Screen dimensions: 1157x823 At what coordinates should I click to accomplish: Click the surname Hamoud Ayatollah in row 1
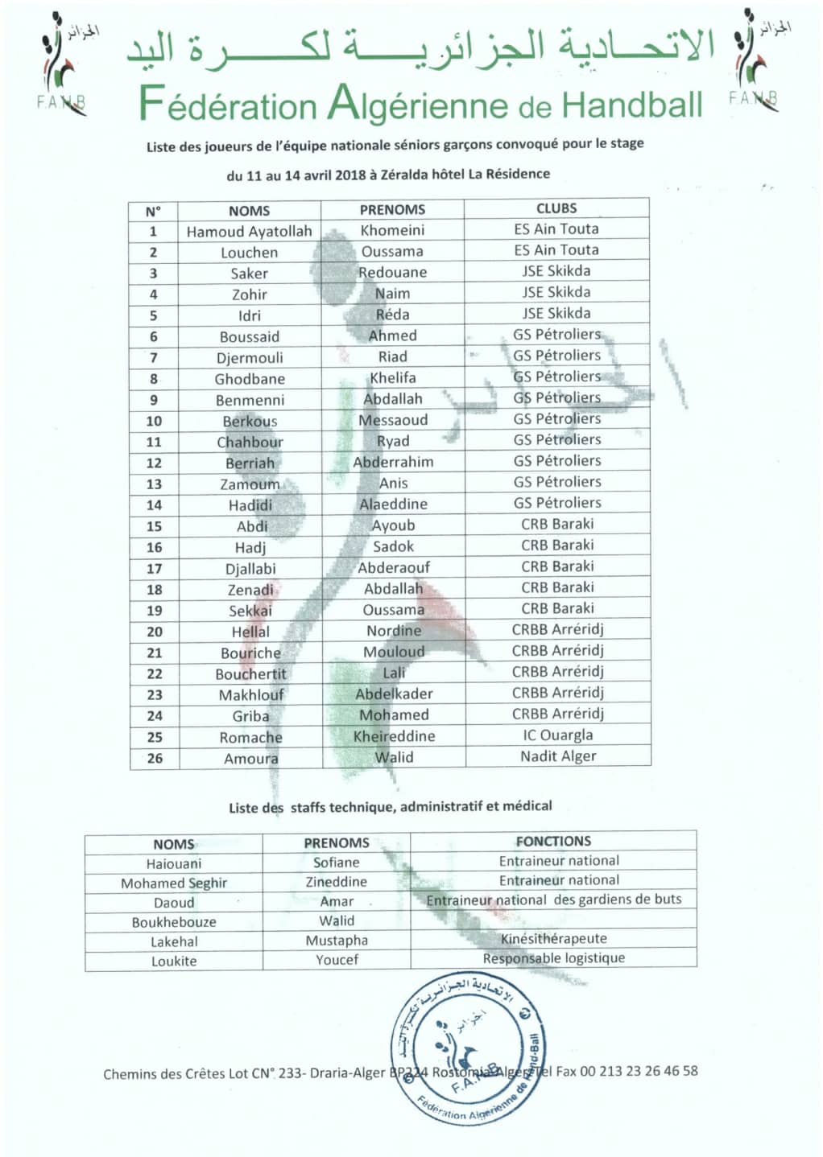[249, 232]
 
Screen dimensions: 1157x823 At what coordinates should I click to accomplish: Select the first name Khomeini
[392, 230]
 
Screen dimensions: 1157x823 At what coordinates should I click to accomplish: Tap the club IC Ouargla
[557, 735]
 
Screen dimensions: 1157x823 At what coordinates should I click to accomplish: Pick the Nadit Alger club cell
[558, 756]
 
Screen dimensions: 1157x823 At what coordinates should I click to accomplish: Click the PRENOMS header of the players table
[392, 209]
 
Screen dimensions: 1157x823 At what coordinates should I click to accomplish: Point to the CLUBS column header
[556, 208]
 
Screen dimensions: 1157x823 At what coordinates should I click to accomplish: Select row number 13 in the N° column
[154, 484]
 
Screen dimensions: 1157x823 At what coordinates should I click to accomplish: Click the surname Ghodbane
[250, 379]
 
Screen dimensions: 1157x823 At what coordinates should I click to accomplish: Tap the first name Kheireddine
[394, 736]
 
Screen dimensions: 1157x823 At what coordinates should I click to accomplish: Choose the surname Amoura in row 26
[251, 759]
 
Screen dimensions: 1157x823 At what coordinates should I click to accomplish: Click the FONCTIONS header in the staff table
[553, 841]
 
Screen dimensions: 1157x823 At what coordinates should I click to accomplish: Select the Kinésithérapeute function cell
[553, 938]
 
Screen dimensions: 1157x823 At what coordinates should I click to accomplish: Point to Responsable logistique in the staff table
[553, 958]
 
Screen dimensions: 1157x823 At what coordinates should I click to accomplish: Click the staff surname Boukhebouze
[174, 922]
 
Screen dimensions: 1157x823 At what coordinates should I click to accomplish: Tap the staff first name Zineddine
[337, 882]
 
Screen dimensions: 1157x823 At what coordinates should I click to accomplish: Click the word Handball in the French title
[631, 105]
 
